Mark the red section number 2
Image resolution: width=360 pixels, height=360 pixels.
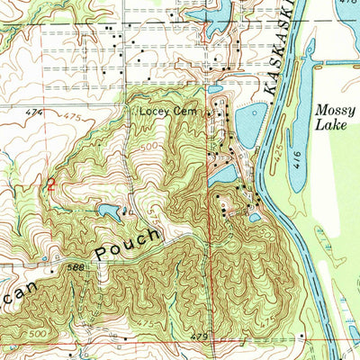point(51,184)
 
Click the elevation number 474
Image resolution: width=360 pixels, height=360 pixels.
point(34,112)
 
